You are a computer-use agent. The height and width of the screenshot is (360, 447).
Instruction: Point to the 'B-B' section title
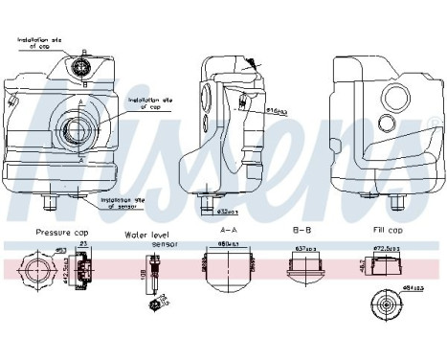click(301, 230)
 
